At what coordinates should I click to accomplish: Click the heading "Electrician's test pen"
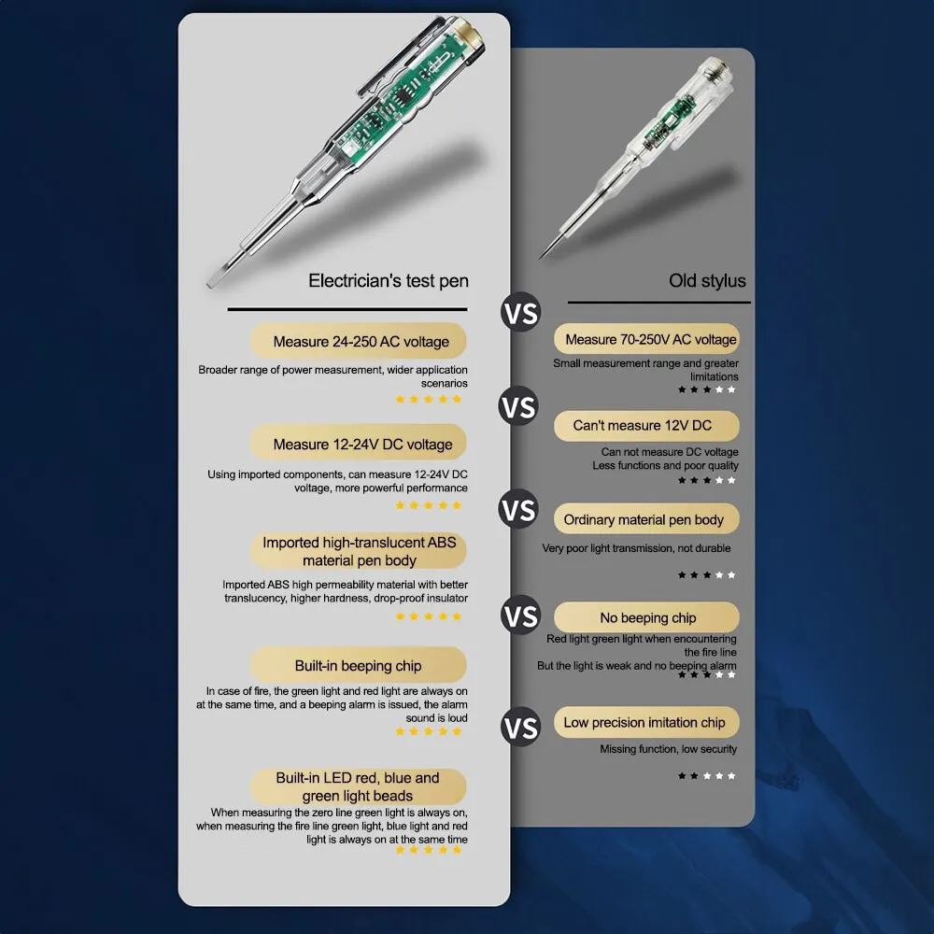point(389,280)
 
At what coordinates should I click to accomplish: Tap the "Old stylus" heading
point(707,280)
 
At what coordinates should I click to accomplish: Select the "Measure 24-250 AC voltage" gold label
point(359,341)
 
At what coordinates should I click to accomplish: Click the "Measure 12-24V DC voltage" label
point(359,444)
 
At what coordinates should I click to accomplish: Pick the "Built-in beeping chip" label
point(359,665)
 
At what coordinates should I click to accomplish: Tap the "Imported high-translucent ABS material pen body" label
point(359,551)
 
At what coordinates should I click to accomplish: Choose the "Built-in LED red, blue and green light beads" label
point(359,786)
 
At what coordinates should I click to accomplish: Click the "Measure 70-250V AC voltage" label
point(647,339)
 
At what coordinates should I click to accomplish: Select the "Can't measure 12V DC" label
point(647,425)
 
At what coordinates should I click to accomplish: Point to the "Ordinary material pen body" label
point(647,519)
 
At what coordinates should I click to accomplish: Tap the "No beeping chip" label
point(647,617)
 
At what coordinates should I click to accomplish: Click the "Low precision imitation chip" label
point(647,722)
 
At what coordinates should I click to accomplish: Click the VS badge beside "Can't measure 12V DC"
point(518,407)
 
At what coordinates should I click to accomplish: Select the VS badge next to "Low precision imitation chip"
point(520,728)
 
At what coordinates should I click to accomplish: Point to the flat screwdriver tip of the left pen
point(215,277)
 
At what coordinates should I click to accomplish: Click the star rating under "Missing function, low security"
point(706,775)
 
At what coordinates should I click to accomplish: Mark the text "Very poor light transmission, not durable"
point(636,548)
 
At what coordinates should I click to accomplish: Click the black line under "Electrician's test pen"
point(347,309)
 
